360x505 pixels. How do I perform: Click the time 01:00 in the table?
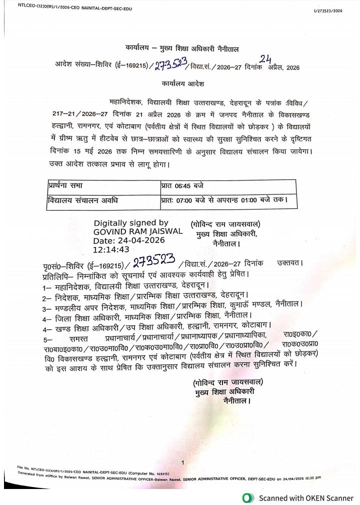click(x=250, y=201)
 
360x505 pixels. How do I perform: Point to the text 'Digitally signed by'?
click(x=131, y=223)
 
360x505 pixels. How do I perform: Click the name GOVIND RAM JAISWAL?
click(x=138, y=232)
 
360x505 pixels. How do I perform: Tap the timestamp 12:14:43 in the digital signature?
click(x=111, y=249)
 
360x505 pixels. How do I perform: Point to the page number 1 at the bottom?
click(x=183, y=462)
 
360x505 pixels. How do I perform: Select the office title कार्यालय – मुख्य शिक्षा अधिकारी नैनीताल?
click(x=182, y=49)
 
